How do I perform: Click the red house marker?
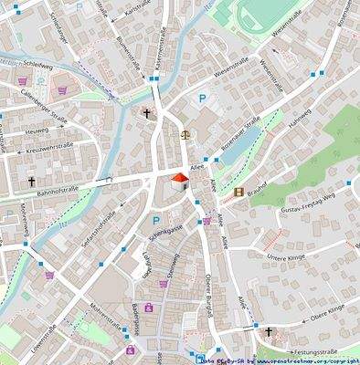180,179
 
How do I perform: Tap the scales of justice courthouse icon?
186,133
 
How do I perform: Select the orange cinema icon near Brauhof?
239,192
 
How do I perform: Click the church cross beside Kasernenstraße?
146,113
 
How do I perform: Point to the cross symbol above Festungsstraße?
269,331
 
